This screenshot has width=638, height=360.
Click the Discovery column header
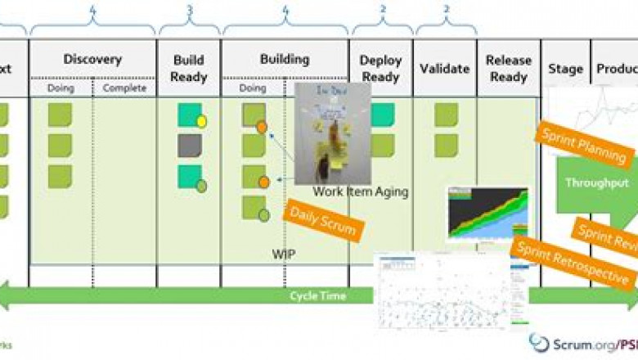click(x=92, y=59)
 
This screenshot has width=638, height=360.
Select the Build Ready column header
click(x=189, y=68)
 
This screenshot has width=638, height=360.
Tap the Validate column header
click(x=444, y=68)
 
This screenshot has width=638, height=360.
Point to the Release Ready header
click(x=508, y=68)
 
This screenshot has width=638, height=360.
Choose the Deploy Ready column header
click(x=380, y=68)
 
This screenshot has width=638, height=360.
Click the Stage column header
click(x=564, y=68)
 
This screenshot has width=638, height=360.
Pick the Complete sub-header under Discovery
click(x=125, y=88)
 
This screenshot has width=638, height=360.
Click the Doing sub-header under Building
click(x=253, y=88)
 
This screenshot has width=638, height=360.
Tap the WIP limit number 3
click(x=190, y=11)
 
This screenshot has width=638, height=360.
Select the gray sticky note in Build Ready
click(x=190, y=146)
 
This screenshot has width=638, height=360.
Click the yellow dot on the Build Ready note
click(x=201, y=122)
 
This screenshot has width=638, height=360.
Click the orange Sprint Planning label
click(x=584, y=146)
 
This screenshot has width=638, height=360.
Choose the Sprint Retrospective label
click(x=572, y=262)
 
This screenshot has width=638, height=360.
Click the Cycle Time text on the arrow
click(x=318, y=295)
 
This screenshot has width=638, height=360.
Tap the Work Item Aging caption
click(x=360, y=192)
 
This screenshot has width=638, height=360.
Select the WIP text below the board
click(x=283, y=254)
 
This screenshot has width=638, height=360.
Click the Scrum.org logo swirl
click(x=539, y=343)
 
